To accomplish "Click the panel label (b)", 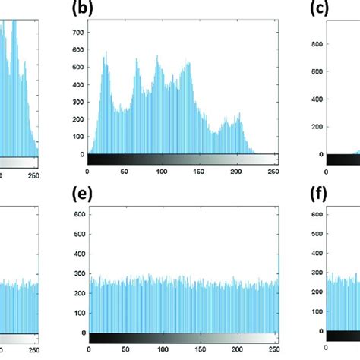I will tap(99, 10).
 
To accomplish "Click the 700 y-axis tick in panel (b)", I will tap(76, 33).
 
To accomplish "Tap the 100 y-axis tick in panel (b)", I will tap(76, 137).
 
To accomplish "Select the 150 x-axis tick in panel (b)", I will tap(199, 172).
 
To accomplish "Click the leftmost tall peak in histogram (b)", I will tap(106, 55).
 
